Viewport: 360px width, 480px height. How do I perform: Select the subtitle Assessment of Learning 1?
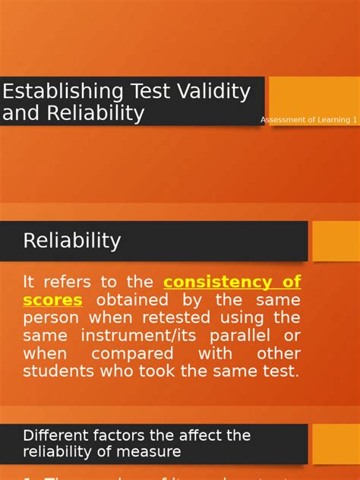pos(308,120)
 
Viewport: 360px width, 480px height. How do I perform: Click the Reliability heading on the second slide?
pos(72,241)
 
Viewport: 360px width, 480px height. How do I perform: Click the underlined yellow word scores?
pos(52,300)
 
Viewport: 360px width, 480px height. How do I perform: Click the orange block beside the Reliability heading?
pos(336,241)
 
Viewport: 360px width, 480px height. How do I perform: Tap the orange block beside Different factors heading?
pos(336,444)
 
